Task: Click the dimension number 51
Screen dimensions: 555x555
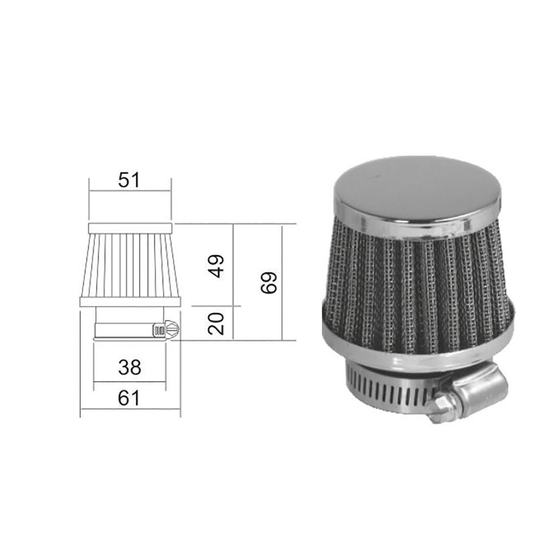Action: [x=130, y=179]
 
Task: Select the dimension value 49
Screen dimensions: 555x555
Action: [x=217, y=266]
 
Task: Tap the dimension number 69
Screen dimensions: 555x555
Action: [x=269, y=282]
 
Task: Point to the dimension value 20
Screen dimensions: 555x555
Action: [x=217, y=324]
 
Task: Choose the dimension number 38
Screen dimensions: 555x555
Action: [x=130, y=368]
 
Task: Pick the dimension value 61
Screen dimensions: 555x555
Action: [x=130, y=399]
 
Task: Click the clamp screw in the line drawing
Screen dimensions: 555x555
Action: [x=165, y=329]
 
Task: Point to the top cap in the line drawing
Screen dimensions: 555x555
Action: [x=130, y=228]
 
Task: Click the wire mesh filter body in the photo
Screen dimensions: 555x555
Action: [x=417, y=287]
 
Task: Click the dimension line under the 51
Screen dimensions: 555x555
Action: [x=130, y=191]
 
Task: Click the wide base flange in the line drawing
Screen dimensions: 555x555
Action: [x=130, y=302]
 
